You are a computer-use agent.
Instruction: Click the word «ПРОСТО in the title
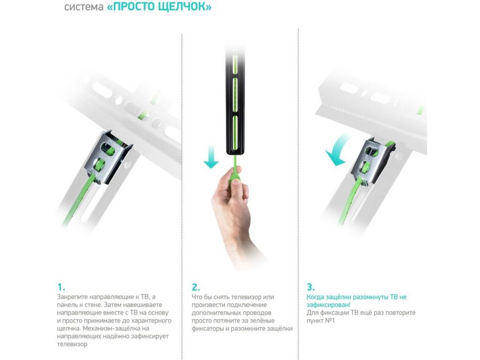pos(131,7)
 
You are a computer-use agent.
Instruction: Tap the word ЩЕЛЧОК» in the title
pos(185,7)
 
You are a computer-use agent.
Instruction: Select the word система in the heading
pos(84,7)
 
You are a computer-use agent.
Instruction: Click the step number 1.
pos(61,287)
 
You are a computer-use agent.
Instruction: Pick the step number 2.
pos(196,287)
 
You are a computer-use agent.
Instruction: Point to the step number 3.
pos(311,287)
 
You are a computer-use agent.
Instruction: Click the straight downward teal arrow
pos(211,157)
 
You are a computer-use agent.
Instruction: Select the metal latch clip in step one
pos(108,157)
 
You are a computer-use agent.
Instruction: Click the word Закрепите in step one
pos(73,297)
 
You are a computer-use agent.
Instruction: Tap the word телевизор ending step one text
pos(72,344)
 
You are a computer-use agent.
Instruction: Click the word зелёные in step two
pos(262,321)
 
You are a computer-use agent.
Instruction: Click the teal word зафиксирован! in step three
pos(329,305)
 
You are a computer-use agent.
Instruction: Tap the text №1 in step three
pos(330,321)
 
